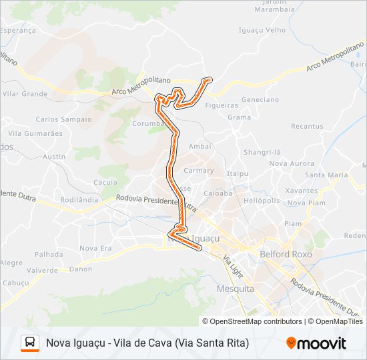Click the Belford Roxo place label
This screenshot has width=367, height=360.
coord(285,254)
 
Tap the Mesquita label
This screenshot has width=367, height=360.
coord(236,289)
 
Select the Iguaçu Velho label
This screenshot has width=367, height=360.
coord(262,30)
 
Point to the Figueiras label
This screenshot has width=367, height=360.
coord(222,105)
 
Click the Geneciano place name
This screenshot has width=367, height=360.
coord(260,99)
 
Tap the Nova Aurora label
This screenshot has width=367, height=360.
coord(292,163)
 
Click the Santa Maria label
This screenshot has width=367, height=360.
coord(326,175)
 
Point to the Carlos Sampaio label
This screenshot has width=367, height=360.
coord(63,119)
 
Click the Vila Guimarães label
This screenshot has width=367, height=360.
coord(35,133)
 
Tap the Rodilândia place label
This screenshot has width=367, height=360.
coord(79,199)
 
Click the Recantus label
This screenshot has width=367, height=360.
coord(307,126)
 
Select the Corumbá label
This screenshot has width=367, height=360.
coord(148,123)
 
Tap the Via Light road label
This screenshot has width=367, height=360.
coord(232,267)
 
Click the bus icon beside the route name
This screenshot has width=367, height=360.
coord(30,343)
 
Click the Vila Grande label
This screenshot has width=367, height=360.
coord(25,94)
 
